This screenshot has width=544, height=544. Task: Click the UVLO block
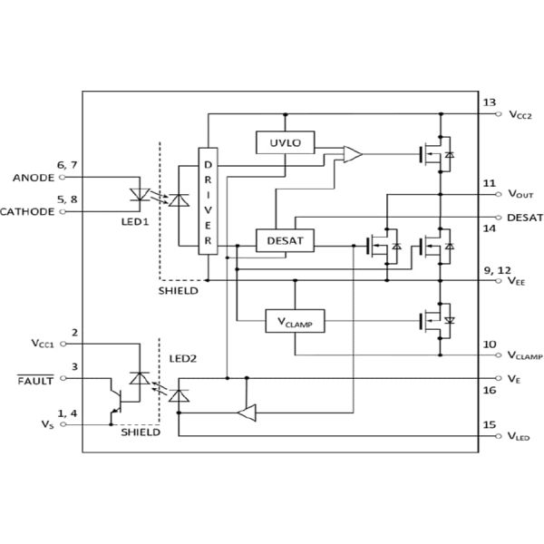pos(286,143)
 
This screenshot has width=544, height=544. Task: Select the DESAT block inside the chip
pos(286,240)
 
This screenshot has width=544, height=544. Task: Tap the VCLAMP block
pos(295,321)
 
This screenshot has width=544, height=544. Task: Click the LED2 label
pos(182,359)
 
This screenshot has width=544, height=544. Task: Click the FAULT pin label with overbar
pos(35,380)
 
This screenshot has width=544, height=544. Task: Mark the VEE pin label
pos(518,282)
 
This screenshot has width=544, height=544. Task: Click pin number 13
pos(490,102)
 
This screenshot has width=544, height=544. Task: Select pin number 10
pos(490,344)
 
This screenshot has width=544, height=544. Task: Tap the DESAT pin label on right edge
pos(525,218)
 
